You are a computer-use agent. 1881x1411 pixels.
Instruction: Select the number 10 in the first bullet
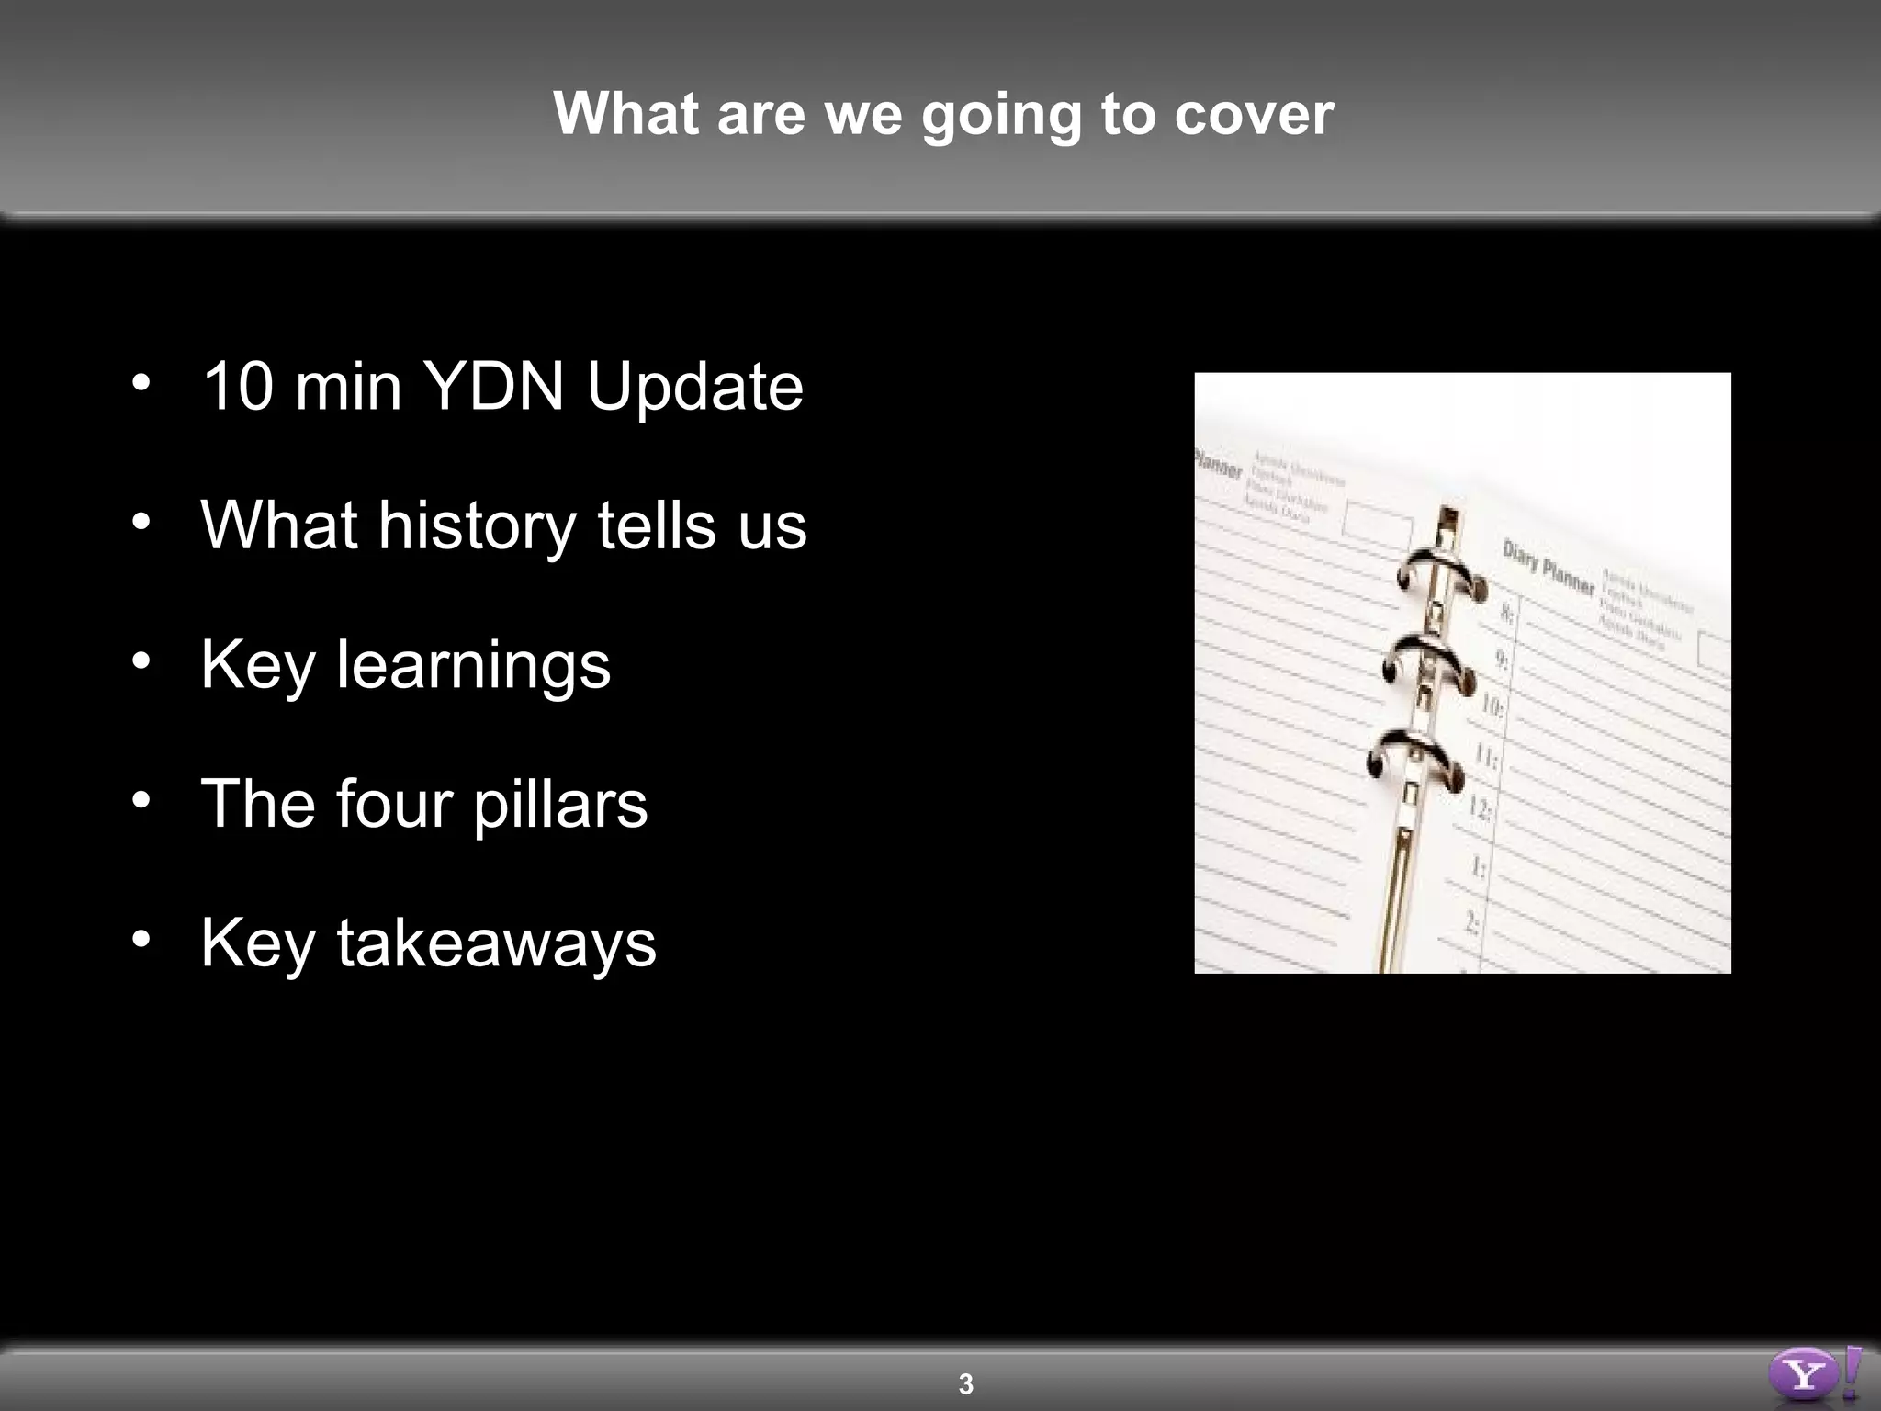238,386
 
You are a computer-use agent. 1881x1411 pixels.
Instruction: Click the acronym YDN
493,386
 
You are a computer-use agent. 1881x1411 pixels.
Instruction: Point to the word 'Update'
694,388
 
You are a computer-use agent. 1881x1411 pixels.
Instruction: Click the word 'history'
477,526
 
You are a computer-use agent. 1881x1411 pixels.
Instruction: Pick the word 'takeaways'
496,944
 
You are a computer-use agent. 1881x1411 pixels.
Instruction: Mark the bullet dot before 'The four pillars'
141,801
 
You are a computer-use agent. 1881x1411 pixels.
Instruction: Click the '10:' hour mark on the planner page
1492,705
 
